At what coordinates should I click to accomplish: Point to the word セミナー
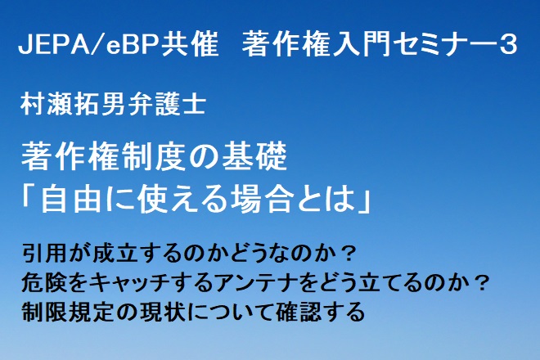pos(442,45)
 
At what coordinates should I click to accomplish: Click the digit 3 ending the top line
pos(507,45)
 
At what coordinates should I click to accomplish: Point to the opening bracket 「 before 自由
pos(30,199)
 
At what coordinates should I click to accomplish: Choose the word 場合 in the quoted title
pos(263,200)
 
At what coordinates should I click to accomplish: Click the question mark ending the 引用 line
pos(348,254)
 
